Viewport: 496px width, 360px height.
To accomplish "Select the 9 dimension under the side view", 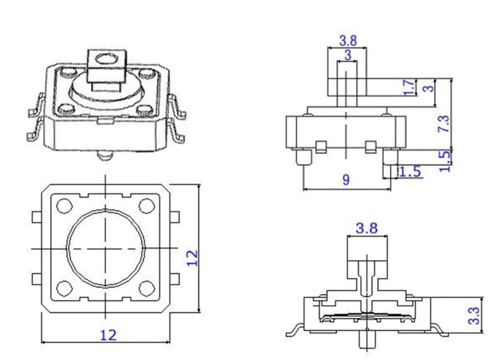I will click(x=346, y=180).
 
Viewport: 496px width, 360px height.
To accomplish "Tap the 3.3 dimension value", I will click(x=473, y=317).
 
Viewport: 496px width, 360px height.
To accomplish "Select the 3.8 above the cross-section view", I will click(x=366, y=228).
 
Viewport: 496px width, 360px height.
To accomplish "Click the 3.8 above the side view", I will click(x=348, y=40).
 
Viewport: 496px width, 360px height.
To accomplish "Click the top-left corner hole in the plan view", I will click(x=65, y=206).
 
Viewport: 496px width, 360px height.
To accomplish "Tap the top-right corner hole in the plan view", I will click(x=145, y=206).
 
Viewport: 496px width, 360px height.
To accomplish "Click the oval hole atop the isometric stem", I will click(x=104, y=61).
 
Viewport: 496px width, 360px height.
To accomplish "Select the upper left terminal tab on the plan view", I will click(x=35, y=218).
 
